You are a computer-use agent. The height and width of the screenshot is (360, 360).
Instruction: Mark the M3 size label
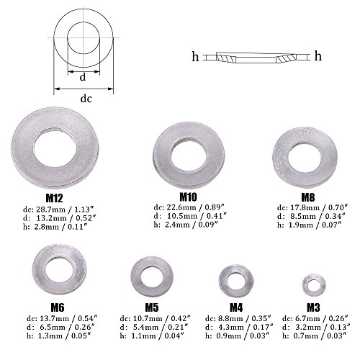pyautogui.click(x=311, y=306)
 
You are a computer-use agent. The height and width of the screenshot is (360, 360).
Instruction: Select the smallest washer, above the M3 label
pyautogui.click(x=311, y=284)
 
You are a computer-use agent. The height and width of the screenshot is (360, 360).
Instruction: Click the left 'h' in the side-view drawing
pyautogui.click(x=195, y=55)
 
